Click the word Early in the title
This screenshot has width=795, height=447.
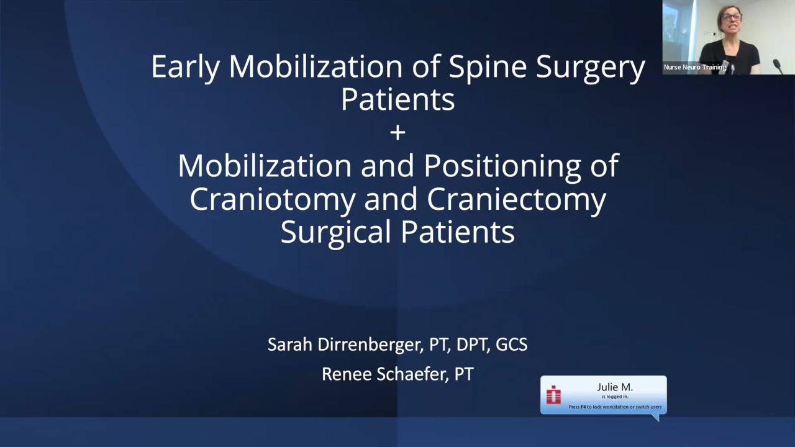click(x=185, y=68)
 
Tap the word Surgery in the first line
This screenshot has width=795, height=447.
click(x=590, y=68)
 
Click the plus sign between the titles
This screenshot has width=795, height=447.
click(x=397, y=133)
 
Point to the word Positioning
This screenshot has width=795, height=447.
click(x=502, y=167)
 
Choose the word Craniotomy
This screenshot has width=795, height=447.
click(x=273, y=200)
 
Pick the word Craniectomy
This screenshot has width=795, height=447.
click(x=516, y=200)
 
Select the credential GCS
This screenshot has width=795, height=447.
click(x=511, y=345)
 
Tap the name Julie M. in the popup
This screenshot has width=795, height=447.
click(x=615, y=387)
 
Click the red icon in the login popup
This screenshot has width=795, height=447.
click(x=553, y=394)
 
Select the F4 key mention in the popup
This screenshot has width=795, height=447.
click(x=583, y=407)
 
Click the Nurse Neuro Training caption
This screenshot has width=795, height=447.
click(x=695, y=67)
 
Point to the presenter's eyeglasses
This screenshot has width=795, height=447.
click(x=731, y=17)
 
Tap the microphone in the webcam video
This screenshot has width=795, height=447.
click(x=778, y=66)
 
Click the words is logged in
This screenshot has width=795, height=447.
click(x=615, y=397)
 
